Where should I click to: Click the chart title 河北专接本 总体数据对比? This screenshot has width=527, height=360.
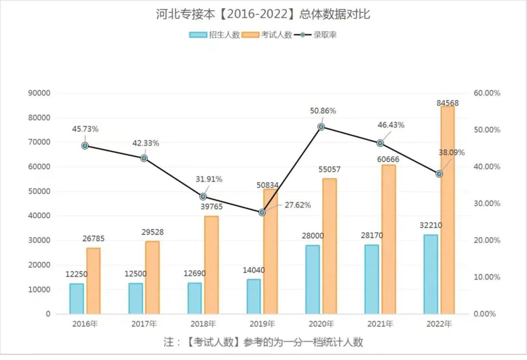pyautogui.click(x=263, y=14)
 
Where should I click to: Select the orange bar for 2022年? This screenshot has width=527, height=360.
pyautogui.click(x=447, y=210)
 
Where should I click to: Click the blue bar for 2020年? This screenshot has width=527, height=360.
pyautogui.click(x=313, y=280)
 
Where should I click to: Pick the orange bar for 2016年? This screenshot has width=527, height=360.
pyautogui.click(x=93, y=281)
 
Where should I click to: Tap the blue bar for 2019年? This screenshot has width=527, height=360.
pyautogui.click(x=254, y=297)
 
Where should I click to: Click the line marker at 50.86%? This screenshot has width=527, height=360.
pyautogui.click(x=321, y=127)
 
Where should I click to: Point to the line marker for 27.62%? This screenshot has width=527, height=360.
pyautogui.click(x=262, y=213)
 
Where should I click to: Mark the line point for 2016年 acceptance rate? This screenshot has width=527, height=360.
pyautogui.click(x=85, y=145)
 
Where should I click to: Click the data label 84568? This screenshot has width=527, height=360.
pyautogui.click(x=447, y=103)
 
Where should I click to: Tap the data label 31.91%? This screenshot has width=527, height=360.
pyautogui.click(x=209, y=180)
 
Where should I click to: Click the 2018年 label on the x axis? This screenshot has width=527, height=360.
pyautogui.click(x=203, y=324)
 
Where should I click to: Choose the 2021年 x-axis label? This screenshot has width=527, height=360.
pyautogui.click(x=380, y=324)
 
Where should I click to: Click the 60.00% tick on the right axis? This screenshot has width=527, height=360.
pyautogui.click(x=487, y=93)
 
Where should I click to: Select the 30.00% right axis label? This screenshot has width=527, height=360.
pyautogui.click(x=487, y=203)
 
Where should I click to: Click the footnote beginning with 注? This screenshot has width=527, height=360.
pyautogui.click(x=263, y=342)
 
